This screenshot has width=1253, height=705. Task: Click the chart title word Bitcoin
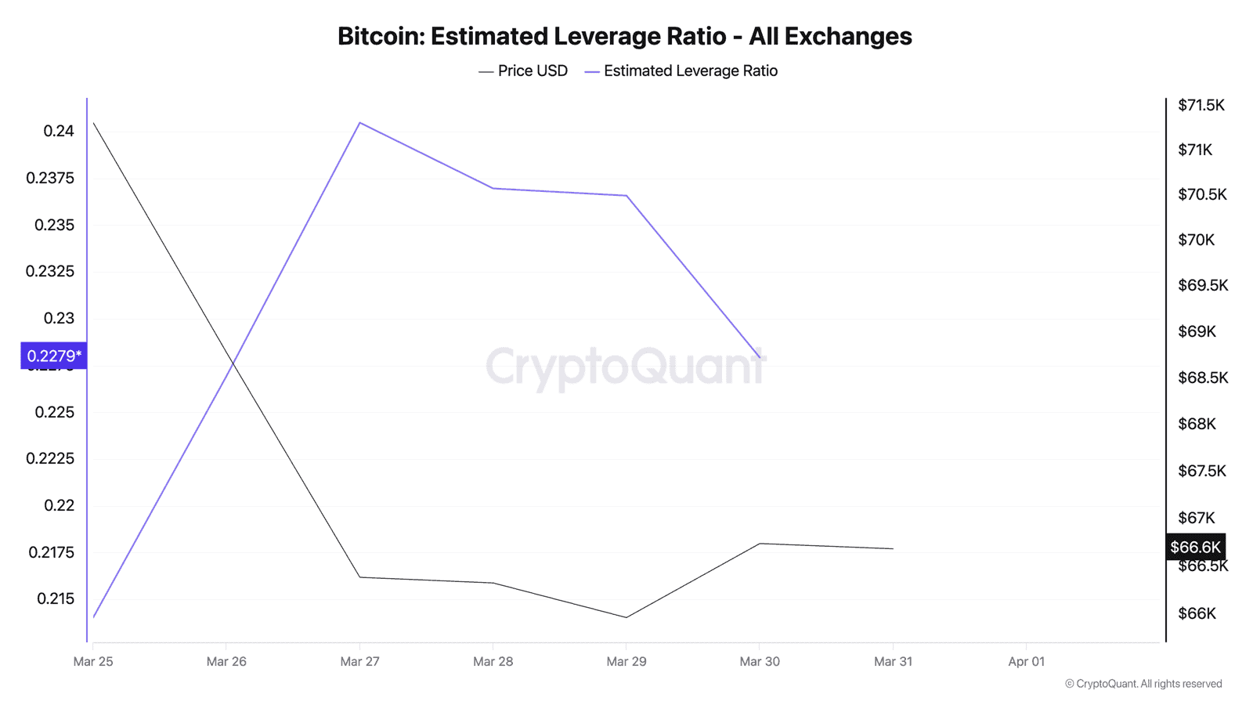click(x=381, y=36)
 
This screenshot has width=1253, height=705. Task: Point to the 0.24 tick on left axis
click(x=59, y=131)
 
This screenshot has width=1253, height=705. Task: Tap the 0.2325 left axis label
click(x=50, y=272)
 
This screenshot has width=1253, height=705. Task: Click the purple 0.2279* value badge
click(x=53, y=356)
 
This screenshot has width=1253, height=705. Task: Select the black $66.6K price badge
click(x=1195, y=547)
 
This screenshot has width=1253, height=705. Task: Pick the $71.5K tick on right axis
click(x=1201, y=105)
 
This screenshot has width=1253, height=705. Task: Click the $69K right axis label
click(x=1197, y=331)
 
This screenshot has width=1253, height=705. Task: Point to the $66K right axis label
click(x=1197, y=613)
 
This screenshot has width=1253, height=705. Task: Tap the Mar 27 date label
click(x=359, y=662)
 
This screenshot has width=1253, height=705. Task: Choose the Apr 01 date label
click(x=1026, y=662)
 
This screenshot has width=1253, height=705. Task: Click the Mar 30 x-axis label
click(x=760, y=662)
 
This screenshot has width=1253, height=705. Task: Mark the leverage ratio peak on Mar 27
click(x=359, y=122)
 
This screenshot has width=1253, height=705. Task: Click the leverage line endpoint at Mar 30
click(x=760, y=358)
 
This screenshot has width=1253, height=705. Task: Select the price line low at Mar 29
click(x=626, y=617)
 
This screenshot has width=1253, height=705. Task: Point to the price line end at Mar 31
click(x=893, y=548)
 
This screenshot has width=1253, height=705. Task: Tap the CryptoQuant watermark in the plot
click(x=625, y=367)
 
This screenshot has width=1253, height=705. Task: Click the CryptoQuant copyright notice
click(x=1143, y=684)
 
